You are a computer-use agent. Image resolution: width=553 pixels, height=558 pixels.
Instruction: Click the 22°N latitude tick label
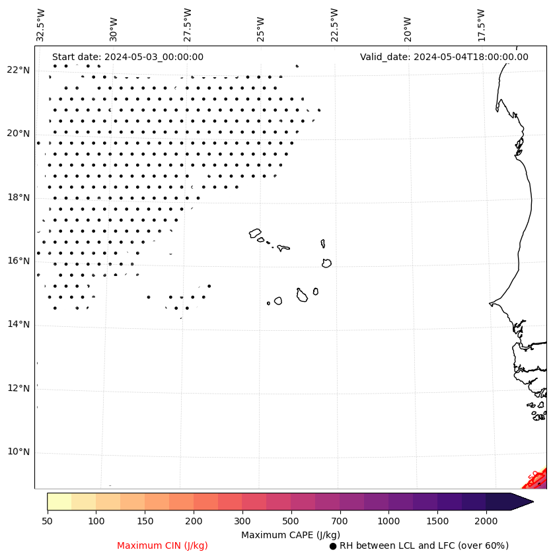click(18, 70)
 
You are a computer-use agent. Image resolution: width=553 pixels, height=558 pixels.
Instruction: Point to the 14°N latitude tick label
click(18, 324)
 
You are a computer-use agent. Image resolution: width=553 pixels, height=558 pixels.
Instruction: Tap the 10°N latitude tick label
click(18, 452)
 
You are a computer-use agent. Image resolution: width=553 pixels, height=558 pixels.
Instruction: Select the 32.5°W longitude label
click(41, 25)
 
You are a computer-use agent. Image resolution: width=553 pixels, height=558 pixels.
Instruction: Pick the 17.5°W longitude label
click(481, 25)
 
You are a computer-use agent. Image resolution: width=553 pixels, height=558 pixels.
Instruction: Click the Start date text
click(128, 57)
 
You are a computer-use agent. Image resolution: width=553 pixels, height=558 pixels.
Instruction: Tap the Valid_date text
click(444, 57)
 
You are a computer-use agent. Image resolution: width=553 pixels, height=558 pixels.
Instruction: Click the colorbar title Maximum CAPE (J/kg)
click(290, 534)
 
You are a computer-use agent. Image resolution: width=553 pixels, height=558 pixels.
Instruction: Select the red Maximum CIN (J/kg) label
click(163, 545)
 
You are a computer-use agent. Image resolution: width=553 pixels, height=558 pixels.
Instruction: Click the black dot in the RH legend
click(333, 546)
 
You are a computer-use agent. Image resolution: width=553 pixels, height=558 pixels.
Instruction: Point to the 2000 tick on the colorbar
click(486, 522)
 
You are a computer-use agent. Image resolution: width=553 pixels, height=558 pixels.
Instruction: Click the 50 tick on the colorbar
click(47, 522)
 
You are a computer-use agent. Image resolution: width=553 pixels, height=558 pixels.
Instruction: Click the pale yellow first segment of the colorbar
click(59, 501)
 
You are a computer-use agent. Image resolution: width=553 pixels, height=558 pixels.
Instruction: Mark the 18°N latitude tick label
click(18, 197)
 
